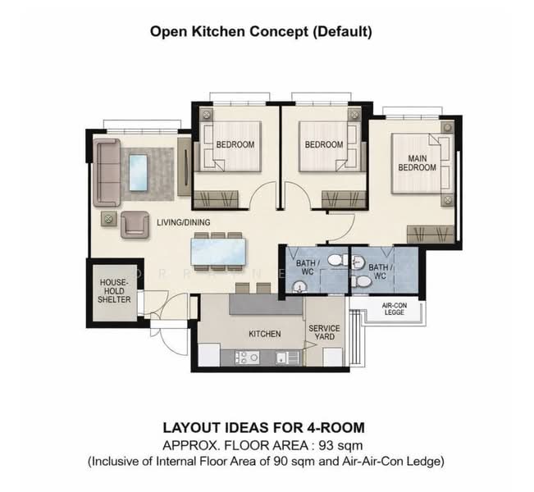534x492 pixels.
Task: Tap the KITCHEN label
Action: tap(265, 334)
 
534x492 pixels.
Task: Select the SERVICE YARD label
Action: tap(324, 332)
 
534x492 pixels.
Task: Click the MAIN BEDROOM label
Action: tap(417, 162)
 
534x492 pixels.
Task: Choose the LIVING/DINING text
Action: tap(185, 222)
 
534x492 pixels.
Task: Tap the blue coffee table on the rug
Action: tap(137, 172)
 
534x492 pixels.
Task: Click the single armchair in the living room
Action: tap(135, 223)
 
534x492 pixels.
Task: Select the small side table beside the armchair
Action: tap(107, 218)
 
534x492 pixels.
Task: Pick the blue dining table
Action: tap(218, 251)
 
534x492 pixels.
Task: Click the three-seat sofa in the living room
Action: tap(105, 172)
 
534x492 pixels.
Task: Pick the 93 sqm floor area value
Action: tap(350, 445)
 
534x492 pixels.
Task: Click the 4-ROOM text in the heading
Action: tap(328, 428)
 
